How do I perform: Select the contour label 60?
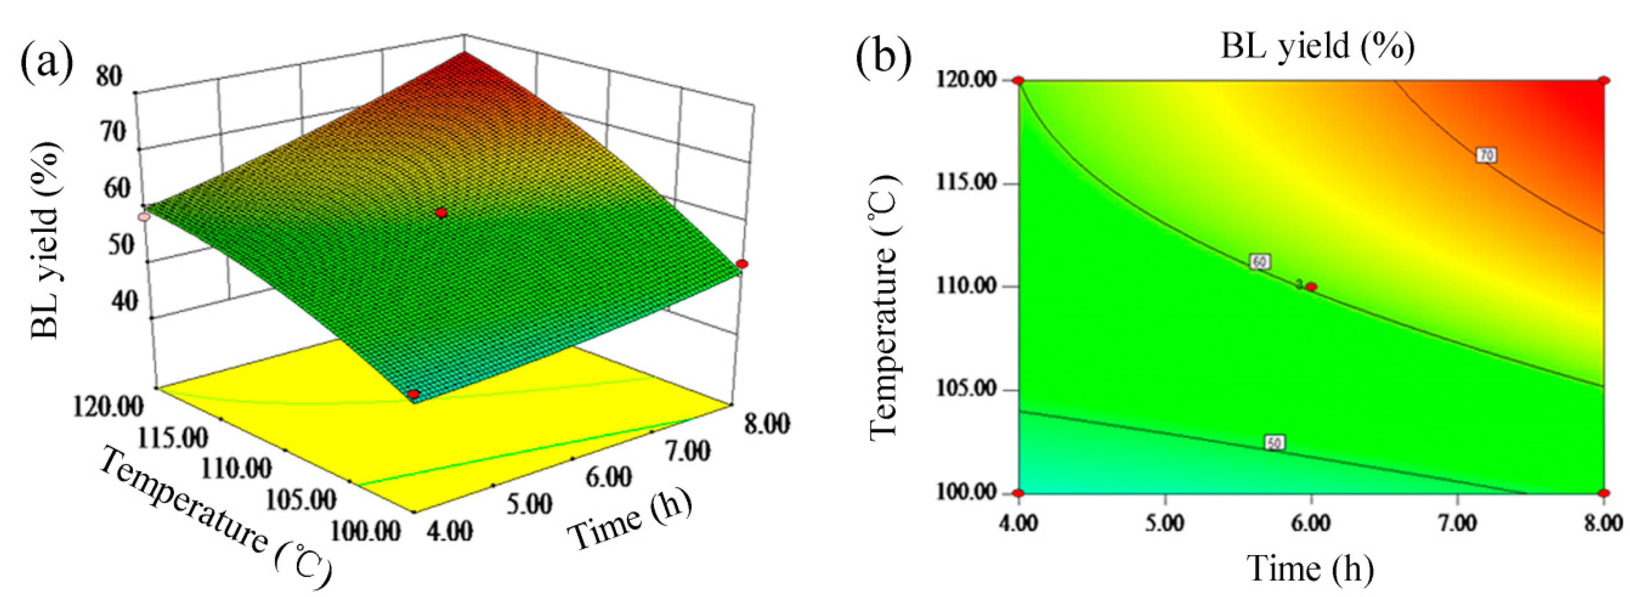pos(1259,261)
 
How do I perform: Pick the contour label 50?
pos(1274,443)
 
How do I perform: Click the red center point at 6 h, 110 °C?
pos(1311,287)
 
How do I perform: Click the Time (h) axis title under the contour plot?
pos(1310,568)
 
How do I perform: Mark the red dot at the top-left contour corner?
pos(1018,81)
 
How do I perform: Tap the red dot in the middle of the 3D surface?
pos(442,213)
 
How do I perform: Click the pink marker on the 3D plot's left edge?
pos(144,216)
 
